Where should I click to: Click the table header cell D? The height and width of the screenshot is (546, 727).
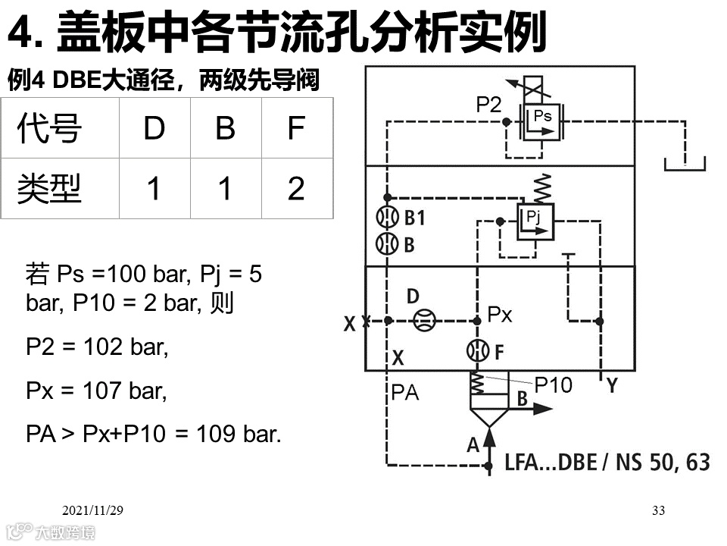[154, 128]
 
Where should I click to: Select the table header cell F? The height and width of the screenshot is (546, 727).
[296, 128]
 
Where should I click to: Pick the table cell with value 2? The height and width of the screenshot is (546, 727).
[296, 188]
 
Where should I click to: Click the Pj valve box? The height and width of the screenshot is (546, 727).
[535, 221]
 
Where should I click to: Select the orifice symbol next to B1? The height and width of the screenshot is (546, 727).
[387, 218]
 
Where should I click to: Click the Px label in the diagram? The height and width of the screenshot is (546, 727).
[500, 314]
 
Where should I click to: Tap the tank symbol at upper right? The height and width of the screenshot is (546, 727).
[685, 163]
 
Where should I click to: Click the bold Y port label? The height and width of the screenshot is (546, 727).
[612, 387]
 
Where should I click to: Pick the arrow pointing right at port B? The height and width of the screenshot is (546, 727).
[542, 409]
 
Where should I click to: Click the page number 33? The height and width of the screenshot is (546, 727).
[658, 511]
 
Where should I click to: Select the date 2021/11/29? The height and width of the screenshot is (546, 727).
[92, 511]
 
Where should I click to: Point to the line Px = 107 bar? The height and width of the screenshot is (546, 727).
[96, 391]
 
